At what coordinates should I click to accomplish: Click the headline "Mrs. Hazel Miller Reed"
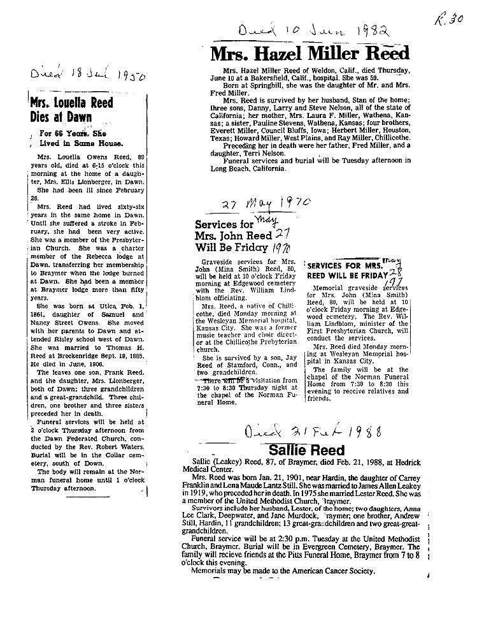click(x=310, y=54)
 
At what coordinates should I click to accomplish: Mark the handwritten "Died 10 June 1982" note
click(x=314, y=30)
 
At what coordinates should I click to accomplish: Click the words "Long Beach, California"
click(x=257, y=168)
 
